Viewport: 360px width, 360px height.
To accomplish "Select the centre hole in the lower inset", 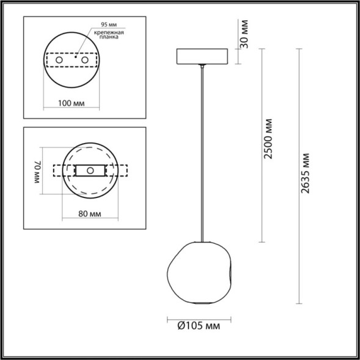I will [90, 171].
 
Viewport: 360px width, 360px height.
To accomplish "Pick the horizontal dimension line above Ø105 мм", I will [199, 317].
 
